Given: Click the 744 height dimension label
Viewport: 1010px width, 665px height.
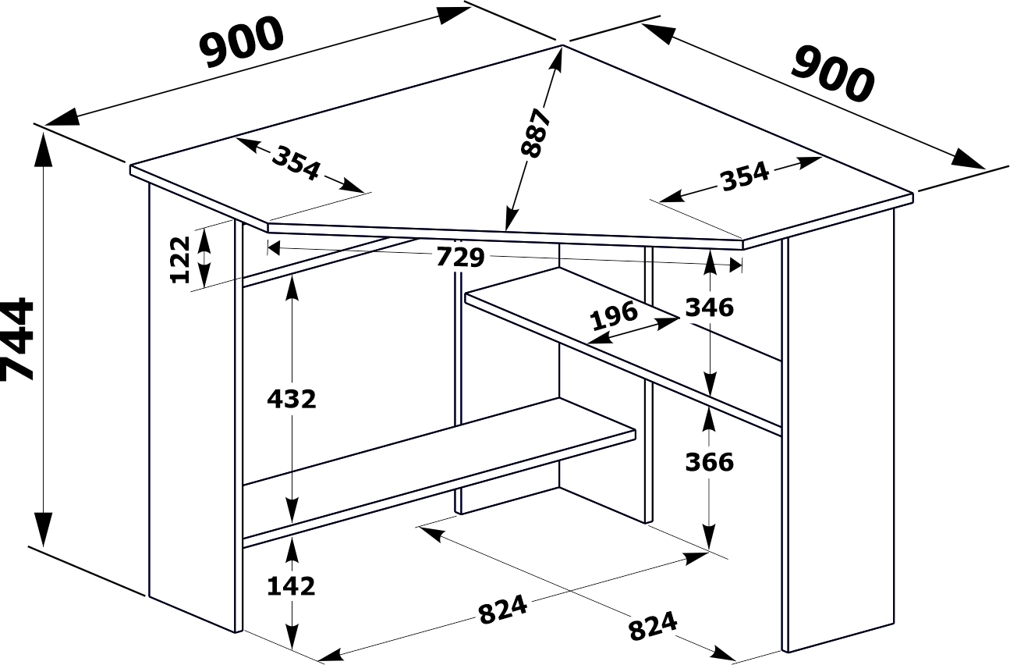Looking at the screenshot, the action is point(17,339).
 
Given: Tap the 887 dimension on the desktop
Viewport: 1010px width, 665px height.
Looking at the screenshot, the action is point(535,133).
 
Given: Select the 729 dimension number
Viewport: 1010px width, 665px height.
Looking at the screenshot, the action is point(460,258).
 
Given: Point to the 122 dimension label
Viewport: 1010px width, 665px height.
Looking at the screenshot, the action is point(180,260).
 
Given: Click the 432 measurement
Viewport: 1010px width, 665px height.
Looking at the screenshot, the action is point(292,400).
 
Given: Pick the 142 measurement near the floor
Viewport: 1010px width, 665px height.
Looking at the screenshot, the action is point(291,586).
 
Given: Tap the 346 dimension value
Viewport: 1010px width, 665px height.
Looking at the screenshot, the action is point(710,308).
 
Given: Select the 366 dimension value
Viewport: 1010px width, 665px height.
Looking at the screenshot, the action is point(710,462).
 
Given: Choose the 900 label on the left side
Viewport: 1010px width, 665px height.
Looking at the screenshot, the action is point(242,42).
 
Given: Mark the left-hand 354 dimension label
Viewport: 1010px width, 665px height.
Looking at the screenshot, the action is point(296,163).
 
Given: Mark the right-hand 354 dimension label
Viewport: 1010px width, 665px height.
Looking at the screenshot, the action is point(746,176).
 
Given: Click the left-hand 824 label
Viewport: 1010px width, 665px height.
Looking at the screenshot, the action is point(503,610).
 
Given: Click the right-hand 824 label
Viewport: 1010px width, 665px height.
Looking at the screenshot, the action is point(653,626).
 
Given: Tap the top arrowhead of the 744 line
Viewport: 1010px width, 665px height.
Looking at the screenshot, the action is point(44,150).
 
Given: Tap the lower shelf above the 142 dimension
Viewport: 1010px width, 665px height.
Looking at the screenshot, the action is point(440,471).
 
